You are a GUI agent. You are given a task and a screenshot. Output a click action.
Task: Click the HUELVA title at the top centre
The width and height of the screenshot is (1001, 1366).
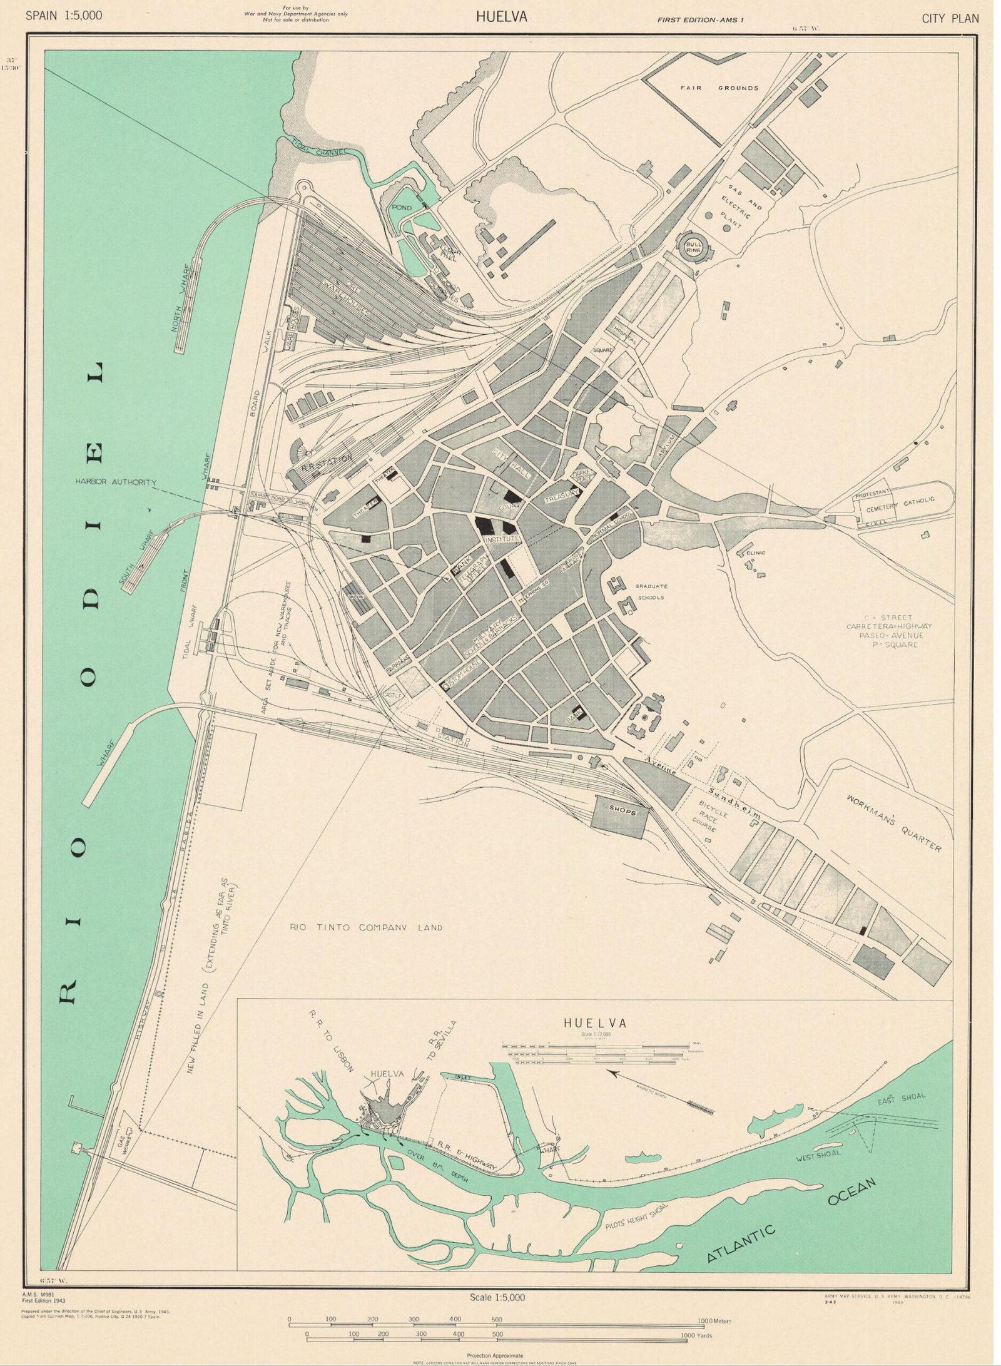point(501,17)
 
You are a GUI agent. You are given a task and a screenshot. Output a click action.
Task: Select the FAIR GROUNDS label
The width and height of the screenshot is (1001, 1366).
point(719,88)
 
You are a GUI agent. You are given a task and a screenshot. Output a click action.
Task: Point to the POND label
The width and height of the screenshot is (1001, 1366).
point(401,207)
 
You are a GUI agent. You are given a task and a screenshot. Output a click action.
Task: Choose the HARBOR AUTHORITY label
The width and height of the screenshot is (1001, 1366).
point(116,482)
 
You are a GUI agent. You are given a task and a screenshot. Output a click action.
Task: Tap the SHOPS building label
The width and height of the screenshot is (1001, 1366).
point(622,812)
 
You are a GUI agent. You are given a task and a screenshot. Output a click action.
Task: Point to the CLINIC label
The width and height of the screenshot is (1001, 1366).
point(755,553)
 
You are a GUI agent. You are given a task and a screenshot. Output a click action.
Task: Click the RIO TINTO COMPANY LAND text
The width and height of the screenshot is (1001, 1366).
point(366,927)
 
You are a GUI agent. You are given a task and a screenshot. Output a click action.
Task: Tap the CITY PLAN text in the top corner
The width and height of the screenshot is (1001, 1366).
point(950,18)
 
